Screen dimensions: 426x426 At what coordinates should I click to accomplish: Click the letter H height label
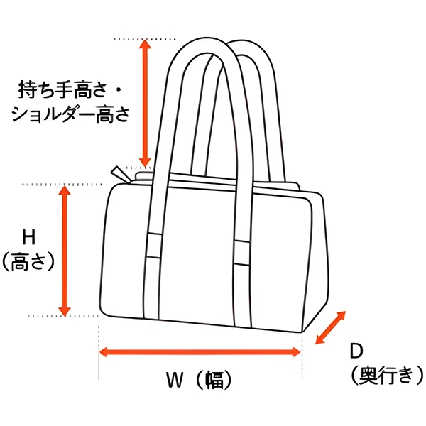(x=28, y=236)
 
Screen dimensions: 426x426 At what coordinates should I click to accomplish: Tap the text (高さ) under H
(x=28, y=262)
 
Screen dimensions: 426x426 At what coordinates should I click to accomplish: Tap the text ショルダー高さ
(x=69, y=114)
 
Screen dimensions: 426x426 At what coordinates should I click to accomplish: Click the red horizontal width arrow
(x=200, y=351)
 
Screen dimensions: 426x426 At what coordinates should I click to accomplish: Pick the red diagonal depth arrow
(x=329, y=327)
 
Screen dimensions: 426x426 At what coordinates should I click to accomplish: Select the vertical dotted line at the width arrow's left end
(x=97, y=348)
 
